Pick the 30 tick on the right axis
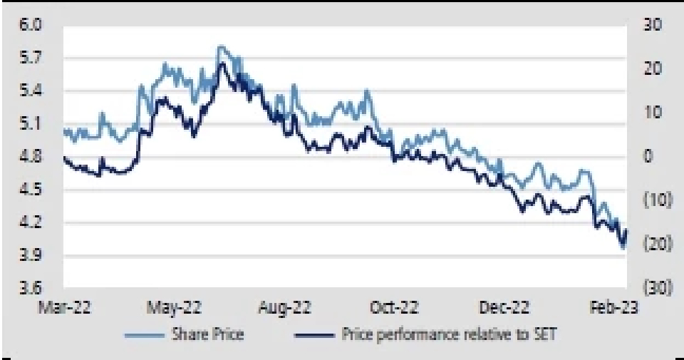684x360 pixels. (x=653, y=24)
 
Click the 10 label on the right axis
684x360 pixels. (x=653, y=113)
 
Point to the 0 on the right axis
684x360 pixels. (x=649, y=156)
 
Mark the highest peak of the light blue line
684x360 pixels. (x=222, y=46)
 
